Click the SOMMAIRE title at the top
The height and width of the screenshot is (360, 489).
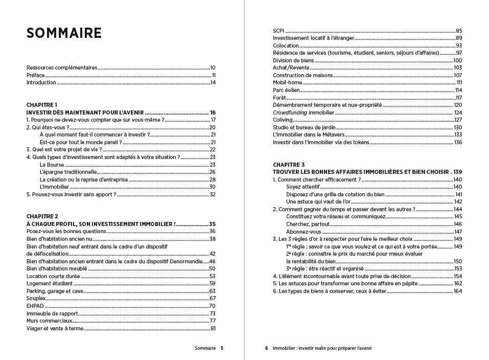(64, 33)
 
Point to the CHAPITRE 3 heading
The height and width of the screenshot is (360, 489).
(289, 165)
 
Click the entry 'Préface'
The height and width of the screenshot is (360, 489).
(36, 75)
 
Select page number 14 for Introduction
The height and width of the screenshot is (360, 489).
(213, 82)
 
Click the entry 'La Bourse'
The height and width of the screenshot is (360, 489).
(52, 165)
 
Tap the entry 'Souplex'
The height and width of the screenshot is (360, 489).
(36, 298)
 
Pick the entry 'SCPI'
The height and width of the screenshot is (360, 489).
(278, 31)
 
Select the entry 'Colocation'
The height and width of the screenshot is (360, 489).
(286, 46)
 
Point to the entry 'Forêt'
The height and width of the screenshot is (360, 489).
(279, 98)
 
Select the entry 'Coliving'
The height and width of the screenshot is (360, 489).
(283, 120)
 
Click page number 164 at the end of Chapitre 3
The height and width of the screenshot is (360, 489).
(457, 291)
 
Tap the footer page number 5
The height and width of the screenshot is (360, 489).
(222, 348)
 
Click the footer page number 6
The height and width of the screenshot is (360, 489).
(266, 348)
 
